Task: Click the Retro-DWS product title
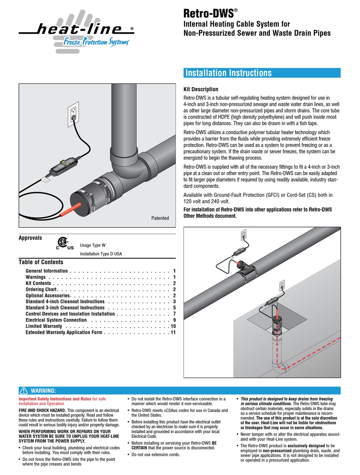208,14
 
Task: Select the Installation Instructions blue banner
261,73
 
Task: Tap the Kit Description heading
201,89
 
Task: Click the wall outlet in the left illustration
74,111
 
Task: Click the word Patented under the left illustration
160,218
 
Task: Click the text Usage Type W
93,245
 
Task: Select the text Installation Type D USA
101,254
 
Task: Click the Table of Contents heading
41,262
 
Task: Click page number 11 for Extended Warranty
173,332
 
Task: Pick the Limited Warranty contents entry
44,326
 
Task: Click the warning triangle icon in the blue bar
23,390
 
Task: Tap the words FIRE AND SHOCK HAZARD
42,411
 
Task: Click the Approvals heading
30,238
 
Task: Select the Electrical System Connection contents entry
56,320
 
